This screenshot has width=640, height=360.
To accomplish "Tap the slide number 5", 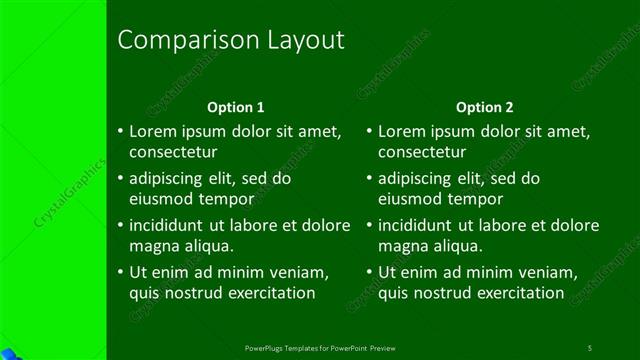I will (590, 348).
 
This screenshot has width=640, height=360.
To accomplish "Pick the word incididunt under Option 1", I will (168, 225).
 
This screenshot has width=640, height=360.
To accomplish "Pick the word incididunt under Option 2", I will (417, 225).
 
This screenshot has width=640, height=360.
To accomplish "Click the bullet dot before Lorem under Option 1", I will (120, 131).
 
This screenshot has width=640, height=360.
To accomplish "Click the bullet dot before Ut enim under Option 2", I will (369, 271).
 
